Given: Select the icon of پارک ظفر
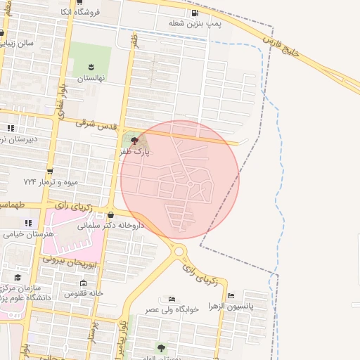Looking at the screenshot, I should tap(135, 141).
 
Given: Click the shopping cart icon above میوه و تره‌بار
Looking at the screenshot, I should tap(50, 172).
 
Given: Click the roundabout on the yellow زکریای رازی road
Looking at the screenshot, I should tap(179, 251).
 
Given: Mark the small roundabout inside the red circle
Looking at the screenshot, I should tap(190, 184).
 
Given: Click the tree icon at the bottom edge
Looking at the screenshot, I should tap(161, 347).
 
